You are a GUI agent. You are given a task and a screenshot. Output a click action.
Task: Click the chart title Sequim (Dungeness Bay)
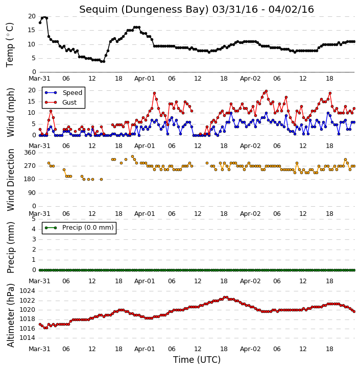pyautogui.click(x=144, y=10)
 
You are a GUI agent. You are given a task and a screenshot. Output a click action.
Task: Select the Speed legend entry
pyautogui.click(x=63, y=92)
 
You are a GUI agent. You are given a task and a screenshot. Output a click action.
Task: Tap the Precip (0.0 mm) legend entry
pyautogui.click(x=79, y=228)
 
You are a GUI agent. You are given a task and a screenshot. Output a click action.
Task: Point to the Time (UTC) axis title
pyautogui.click(x=197, y=360)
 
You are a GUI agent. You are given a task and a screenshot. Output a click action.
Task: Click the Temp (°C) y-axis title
pyautogui.click(x=10, y=45)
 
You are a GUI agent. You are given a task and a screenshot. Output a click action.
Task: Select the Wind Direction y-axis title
pyautogui.click(x=11, y=180)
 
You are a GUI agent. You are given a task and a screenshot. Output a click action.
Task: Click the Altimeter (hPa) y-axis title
pyautogui.click(x=11, y=315)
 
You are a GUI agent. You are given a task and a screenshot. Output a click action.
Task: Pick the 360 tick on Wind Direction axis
pyautogui.click(x=30, y=153)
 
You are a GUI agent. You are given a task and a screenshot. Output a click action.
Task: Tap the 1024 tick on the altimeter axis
pyautogui.click(x=27, y=291)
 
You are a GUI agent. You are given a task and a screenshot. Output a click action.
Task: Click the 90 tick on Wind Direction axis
pyautogui.click(x=32, y=193)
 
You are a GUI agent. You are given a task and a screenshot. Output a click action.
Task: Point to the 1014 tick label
pyautogui.click(x=27, y=338)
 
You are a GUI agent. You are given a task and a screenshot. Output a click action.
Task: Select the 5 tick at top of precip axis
pyautogui.click(x=34, y=219)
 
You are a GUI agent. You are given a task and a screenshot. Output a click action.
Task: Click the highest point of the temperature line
pyautogui.click(x=44, y=17)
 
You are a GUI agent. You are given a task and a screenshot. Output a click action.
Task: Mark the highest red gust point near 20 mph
pyautogui.click(x=266, y=91)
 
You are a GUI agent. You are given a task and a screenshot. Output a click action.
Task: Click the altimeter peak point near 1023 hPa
pyautogui.click(x=226, y=298)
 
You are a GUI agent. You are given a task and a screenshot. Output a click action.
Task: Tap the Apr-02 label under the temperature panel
pyautogui.click(x=250, y=79)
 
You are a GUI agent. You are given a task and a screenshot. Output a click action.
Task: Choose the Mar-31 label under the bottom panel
pyautogui.click(x=39, y=349)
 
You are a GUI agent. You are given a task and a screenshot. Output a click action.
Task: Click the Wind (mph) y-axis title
pyautogui.click(x=11, y=112)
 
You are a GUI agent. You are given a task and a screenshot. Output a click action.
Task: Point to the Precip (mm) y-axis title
pyautogui.click(x=11, y=248)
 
